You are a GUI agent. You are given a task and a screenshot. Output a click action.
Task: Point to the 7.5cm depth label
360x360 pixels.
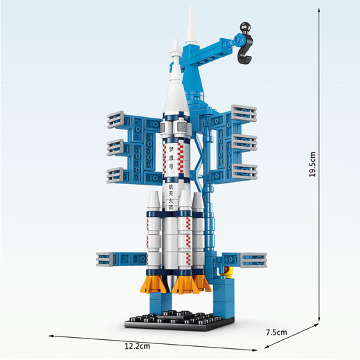coord(276,332)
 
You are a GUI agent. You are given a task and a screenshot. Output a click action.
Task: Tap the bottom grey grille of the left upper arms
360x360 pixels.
coord(117,172)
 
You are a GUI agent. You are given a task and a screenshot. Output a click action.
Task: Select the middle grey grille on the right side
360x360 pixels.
coord(244,142)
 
